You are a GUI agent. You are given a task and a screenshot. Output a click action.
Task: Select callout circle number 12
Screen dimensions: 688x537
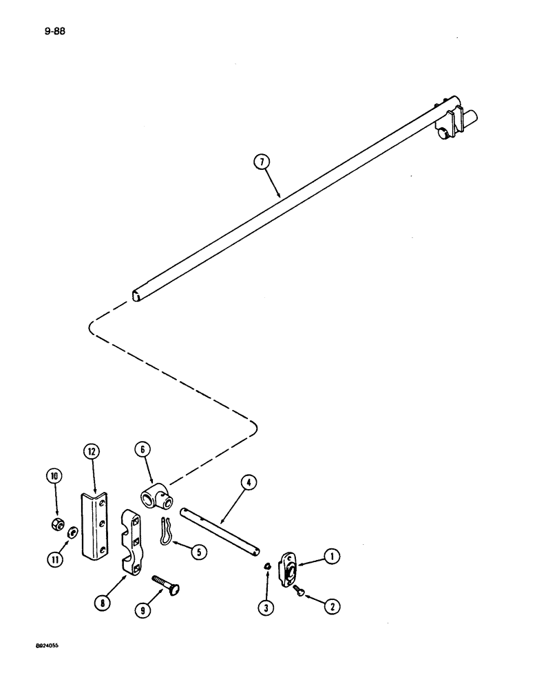coord(92,453)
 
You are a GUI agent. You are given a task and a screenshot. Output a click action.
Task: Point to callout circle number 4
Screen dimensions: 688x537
coord(248,483)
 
